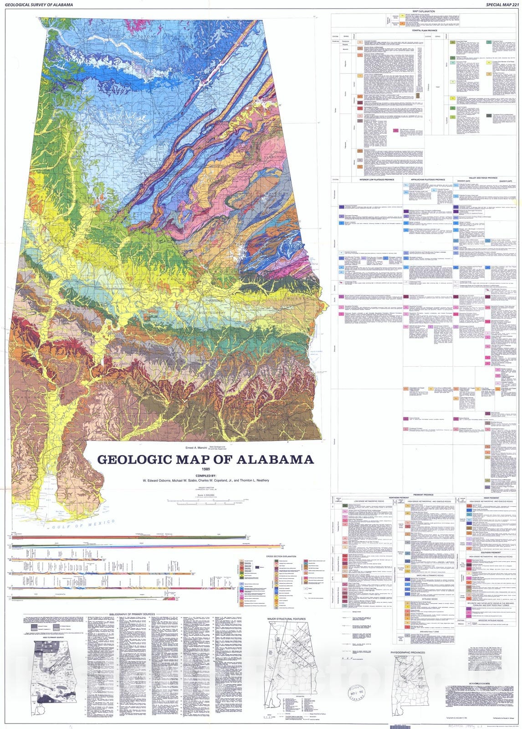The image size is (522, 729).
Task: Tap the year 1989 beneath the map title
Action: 205,469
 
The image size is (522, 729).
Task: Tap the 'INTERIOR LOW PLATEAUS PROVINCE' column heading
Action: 376,180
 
